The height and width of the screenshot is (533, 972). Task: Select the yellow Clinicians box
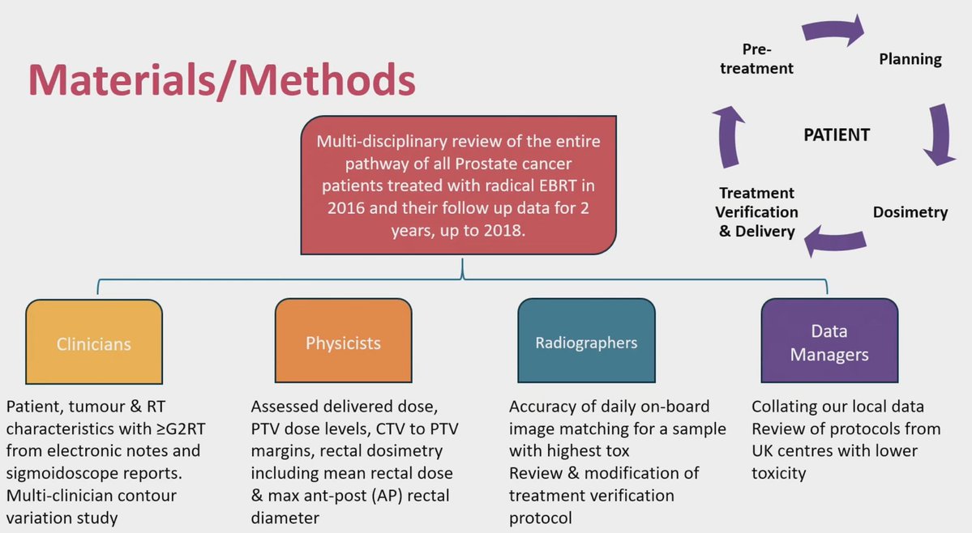[94, 343]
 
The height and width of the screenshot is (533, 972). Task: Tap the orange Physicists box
[343, 343]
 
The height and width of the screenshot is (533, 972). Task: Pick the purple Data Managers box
[829, 343]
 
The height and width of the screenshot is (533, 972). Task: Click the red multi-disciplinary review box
[460, 185]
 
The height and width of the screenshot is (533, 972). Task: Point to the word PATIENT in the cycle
[837, 135]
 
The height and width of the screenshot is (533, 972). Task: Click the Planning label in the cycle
[910, 59]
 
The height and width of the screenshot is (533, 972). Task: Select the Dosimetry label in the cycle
[910, 213]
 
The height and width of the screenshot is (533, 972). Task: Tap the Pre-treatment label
[756, 59]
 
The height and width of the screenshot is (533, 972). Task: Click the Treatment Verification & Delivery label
[759, 212]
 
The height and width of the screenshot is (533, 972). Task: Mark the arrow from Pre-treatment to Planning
[833, 32]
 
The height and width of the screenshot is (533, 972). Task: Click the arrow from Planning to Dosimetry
[938, 134]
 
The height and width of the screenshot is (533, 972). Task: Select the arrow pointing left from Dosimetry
[835, 240]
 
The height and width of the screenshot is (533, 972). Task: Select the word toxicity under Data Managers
[779, 473]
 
